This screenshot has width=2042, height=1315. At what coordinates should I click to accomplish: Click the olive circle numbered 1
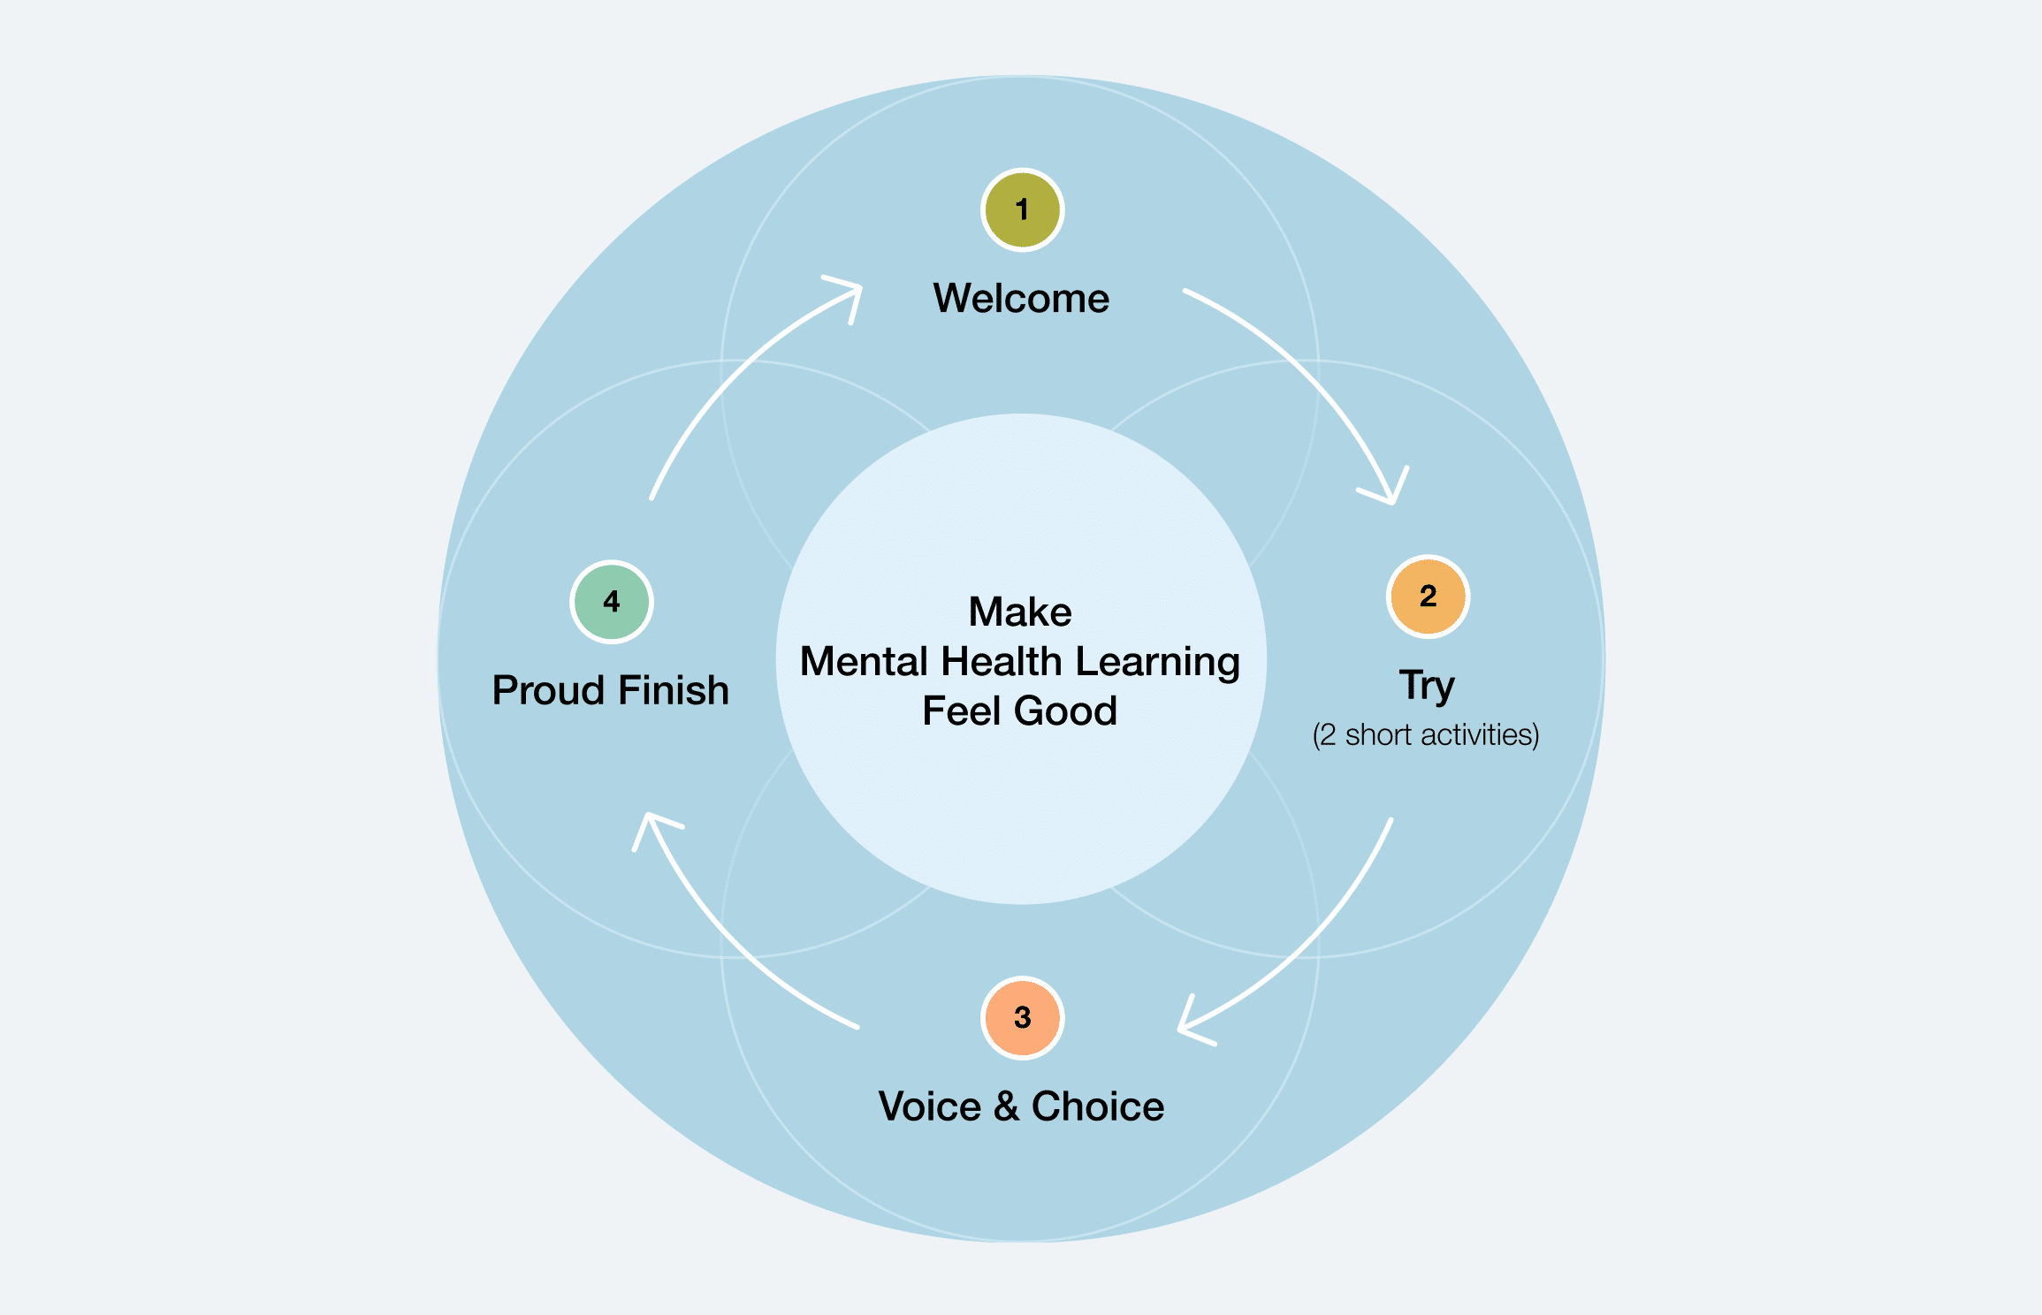click(x=1022, y=210)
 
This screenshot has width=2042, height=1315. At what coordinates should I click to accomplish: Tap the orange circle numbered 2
click(x=1428, y=597)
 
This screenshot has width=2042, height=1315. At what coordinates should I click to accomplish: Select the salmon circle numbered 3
click(x=1022, y=1017)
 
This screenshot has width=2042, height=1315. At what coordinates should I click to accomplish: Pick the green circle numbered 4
click(x=611, y=602)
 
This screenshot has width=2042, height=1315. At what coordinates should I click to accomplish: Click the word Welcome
click(x=1021, y=299)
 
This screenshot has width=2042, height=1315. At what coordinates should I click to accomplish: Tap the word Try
click(x=1426, y=686)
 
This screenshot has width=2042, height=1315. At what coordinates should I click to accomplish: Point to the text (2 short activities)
click(x=1425, y=735)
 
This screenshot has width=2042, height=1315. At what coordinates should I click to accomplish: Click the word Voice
click(x=929, y=1107)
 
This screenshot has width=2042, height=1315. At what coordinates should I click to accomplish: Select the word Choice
click(x=1097, y=1107)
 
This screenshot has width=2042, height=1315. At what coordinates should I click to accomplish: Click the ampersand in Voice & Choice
click(x=1006, y=1107)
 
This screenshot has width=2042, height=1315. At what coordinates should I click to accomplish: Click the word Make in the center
click(x=1020, y=612)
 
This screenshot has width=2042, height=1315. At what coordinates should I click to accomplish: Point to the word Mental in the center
click(x=862, y=662)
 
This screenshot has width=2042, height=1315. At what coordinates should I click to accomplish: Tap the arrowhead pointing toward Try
click(x=1389, y=491)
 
